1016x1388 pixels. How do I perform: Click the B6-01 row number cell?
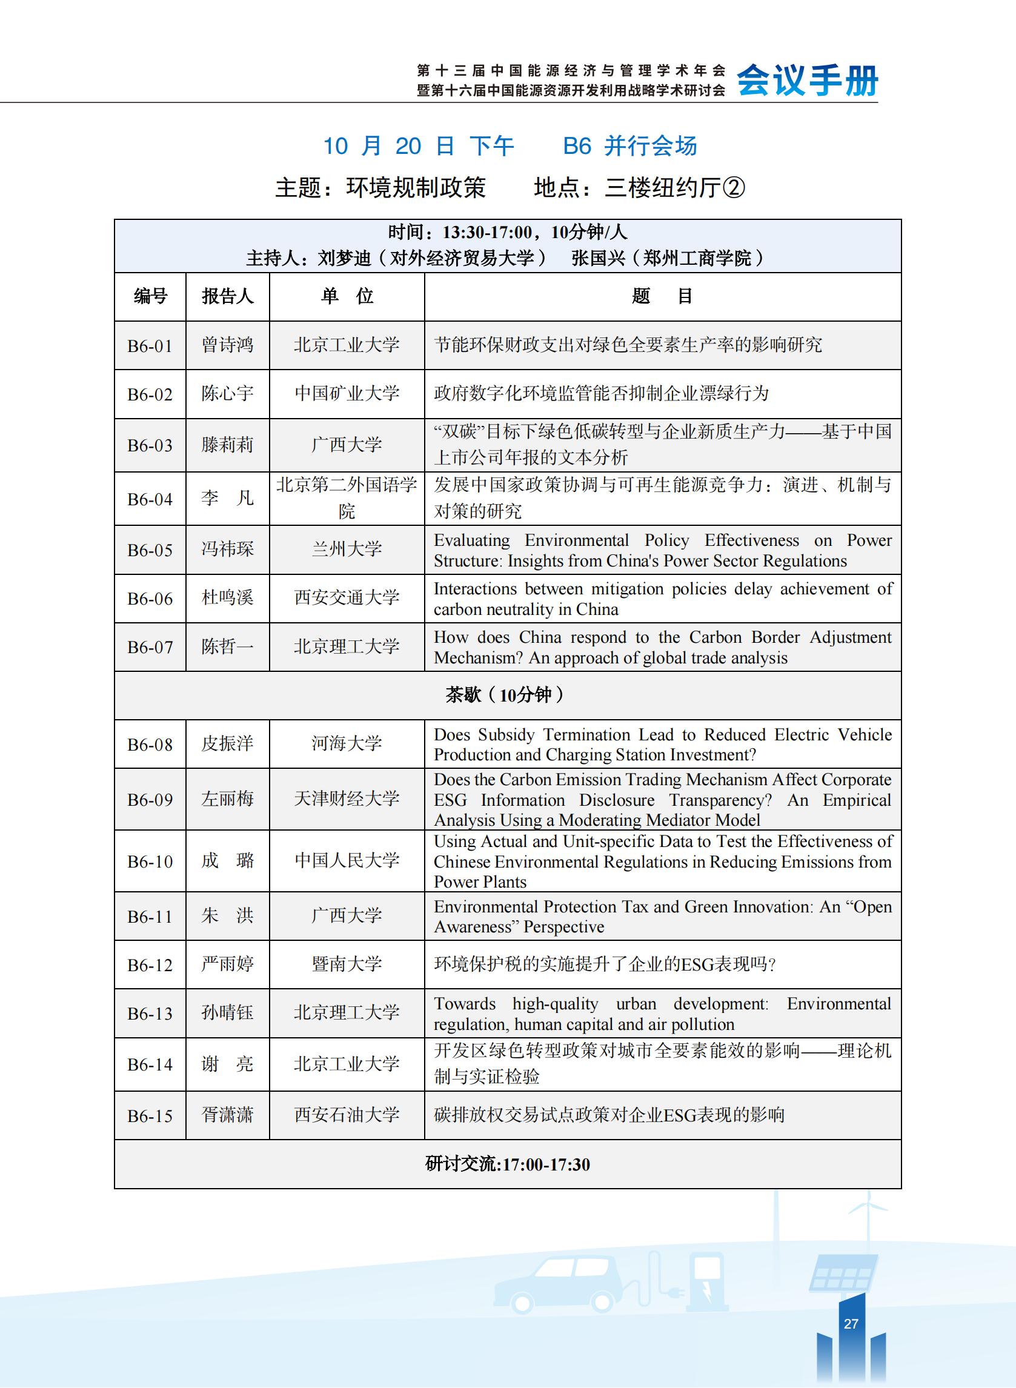(x=150, y=345)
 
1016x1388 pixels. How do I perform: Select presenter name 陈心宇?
(x=227, y=394)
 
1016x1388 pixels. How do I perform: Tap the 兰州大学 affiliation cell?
(x=347, y=549)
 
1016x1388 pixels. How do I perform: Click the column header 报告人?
(x=227, y=296)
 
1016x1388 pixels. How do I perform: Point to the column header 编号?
(x=150, y=296)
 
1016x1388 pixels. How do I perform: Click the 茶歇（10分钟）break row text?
(x=506, y=695)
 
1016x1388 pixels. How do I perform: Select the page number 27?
(x=851, y=1323)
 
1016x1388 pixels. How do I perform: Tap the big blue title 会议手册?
(x=808, y=81)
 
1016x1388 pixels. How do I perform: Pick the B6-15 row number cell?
(x=150, y=1116)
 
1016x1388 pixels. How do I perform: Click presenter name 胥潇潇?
(x=227, y=1115)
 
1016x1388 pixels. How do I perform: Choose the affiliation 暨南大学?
(x=347, y=964)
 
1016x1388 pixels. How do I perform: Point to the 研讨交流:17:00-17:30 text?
(x=507, y=1164)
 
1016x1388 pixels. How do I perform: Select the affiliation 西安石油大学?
(x=347, y=1115)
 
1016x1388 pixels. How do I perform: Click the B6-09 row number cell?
(x=150, y=800)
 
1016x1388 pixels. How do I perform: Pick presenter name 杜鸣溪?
(x=227, y=598)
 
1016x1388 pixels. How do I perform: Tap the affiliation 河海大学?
(x=347, y=743)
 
